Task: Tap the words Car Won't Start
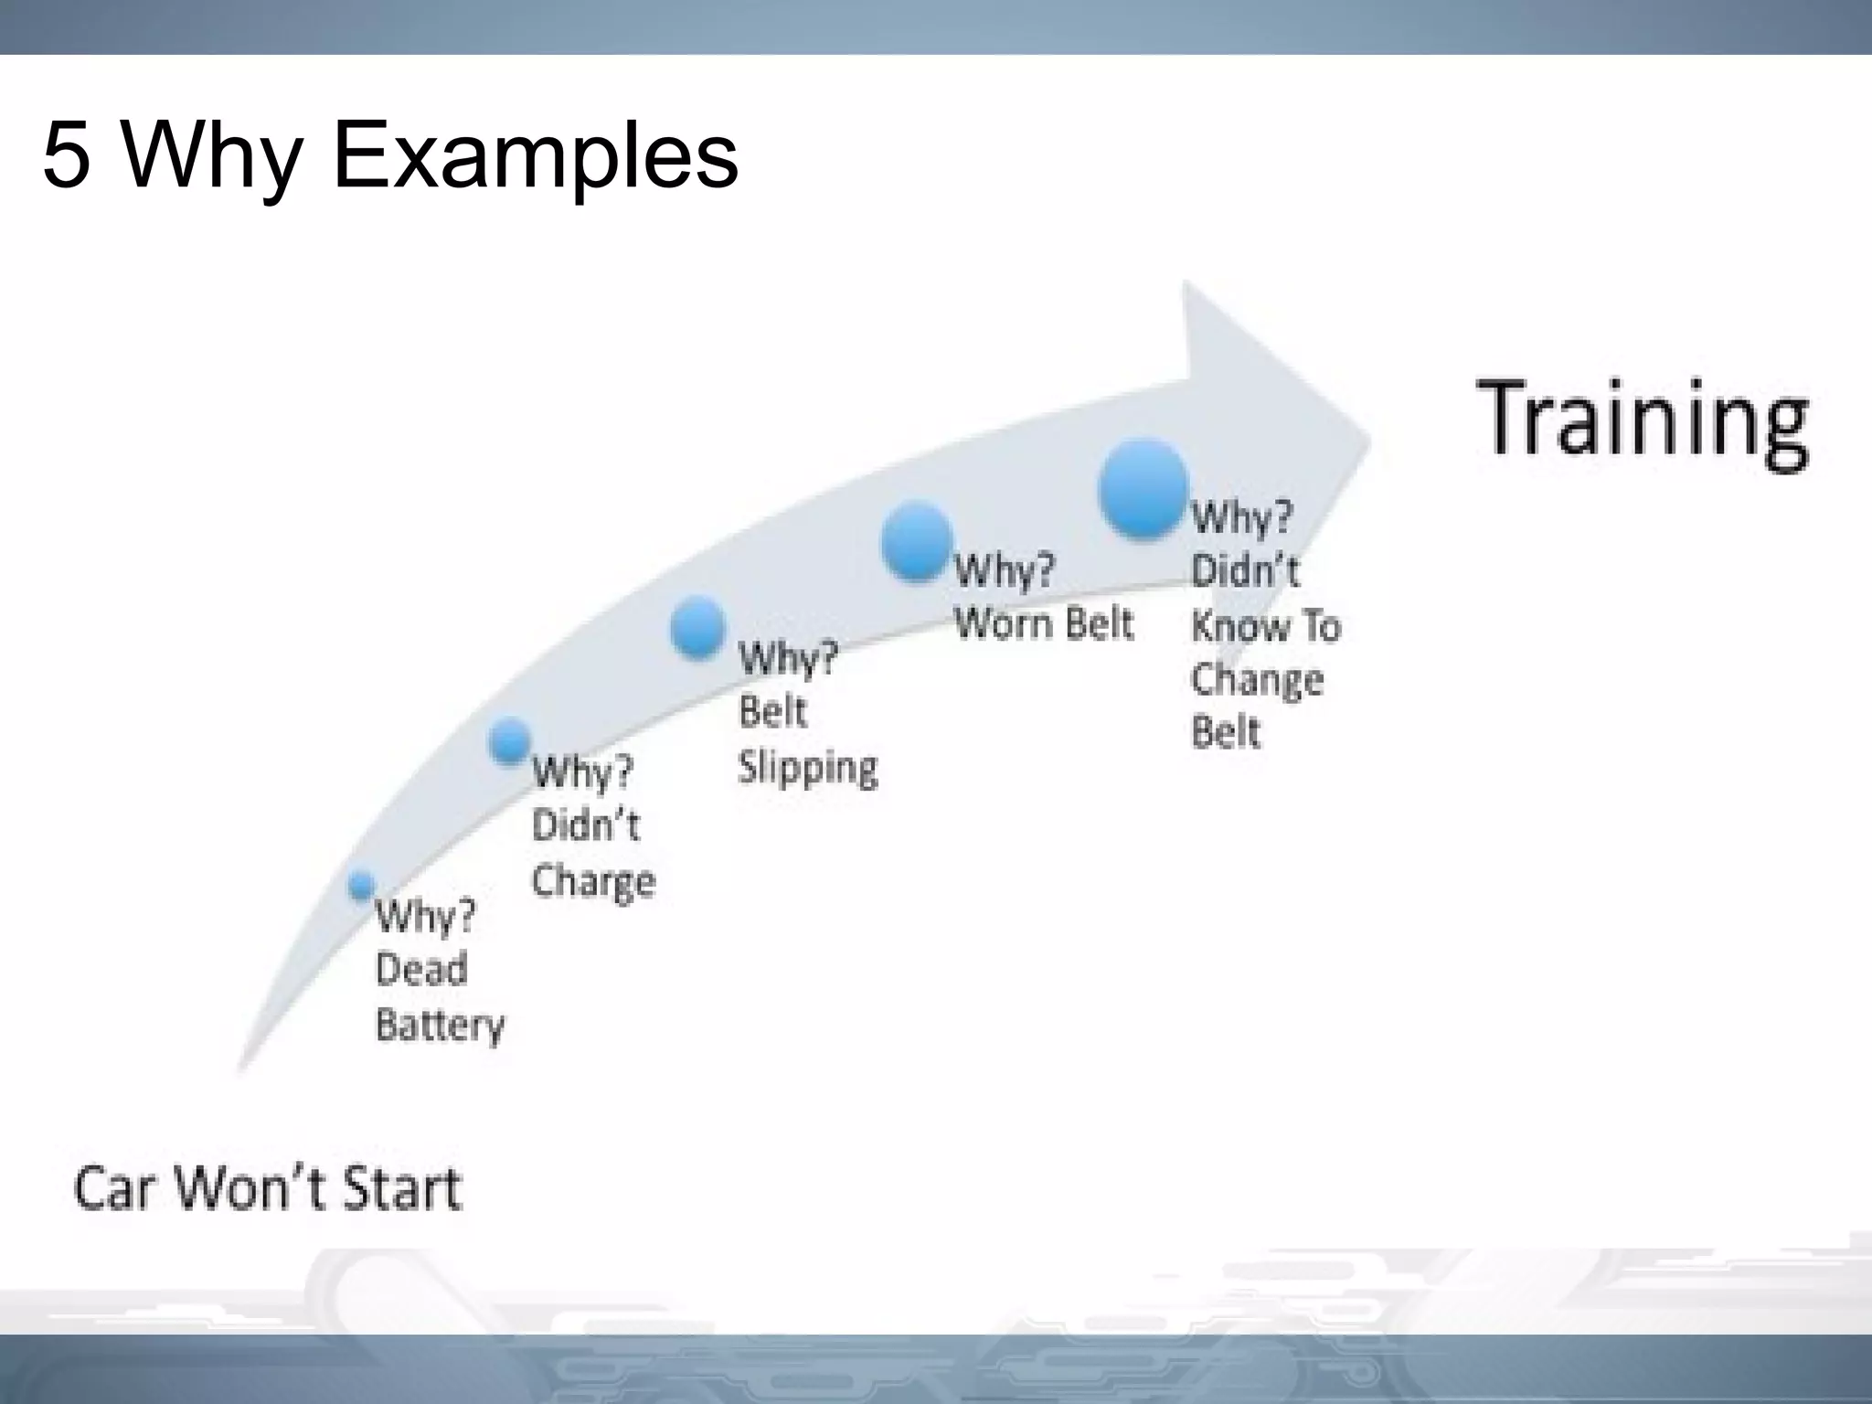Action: [x=267, y=1189]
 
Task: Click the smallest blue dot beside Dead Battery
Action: [x=362, y=885]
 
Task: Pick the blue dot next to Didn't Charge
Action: [x=509, y=740]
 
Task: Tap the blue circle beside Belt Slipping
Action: [x=697, y=627]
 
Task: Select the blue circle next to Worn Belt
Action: [x=917, y=541]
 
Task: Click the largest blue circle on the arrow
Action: [x=1143, y=488]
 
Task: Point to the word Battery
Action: [x=440, y=1025]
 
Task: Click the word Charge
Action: [x=593, y=881]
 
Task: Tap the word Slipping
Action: [x=807, y=766]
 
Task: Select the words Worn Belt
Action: [x=1043, y=623]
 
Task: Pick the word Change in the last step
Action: [x=1257, y=680]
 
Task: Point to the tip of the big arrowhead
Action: [x=1368, y=441]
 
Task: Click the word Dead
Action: [x=421, y=969]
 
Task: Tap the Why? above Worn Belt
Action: [x=1004, y=571]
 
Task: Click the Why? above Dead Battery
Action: [x=425, y=915]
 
